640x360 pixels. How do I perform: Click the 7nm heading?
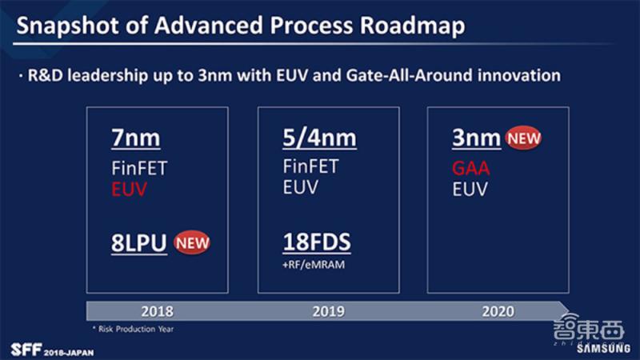coord(135,138)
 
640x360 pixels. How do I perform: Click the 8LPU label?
coord(138,242)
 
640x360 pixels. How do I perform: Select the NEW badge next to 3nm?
coord(522,138)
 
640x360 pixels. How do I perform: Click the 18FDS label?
coord(318,242)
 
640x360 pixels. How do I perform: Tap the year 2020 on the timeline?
coord(498,311)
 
